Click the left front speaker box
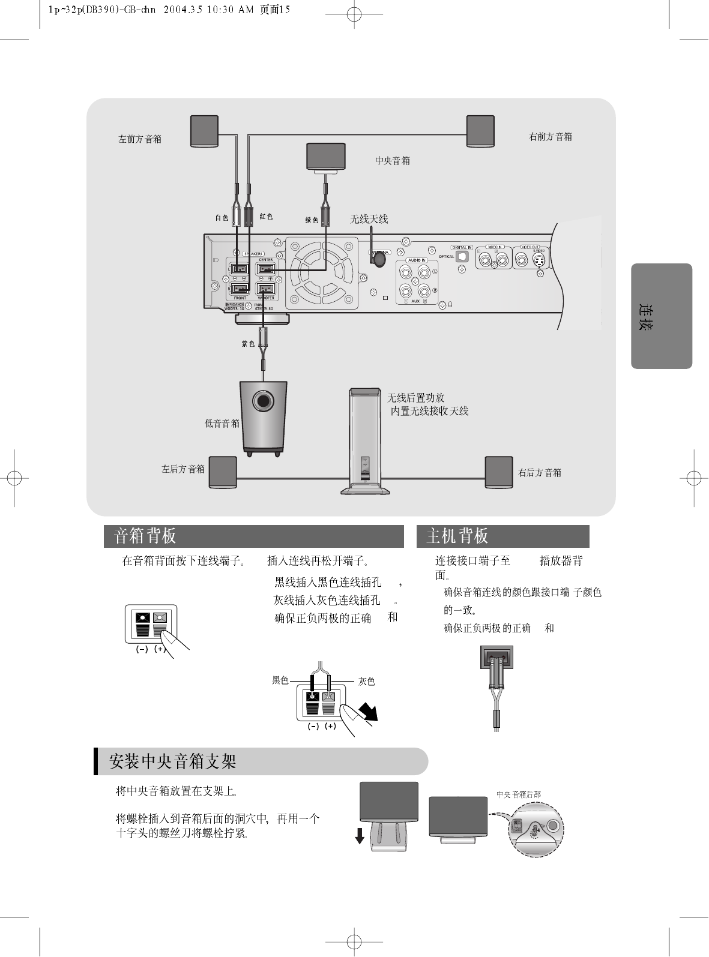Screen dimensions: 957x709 click(204, 130)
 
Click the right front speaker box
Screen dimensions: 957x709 click(480, 130)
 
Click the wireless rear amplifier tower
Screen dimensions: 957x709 click(365, 441)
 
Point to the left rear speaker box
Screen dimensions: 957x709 click(222, 472)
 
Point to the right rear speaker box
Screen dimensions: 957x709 click(499, 472)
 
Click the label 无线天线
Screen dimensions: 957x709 click(369, 220)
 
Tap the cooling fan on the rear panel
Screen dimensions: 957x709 click(321, 274)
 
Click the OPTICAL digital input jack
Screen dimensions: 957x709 click(462, 256)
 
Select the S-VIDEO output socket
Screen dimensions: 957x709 click(540, 260)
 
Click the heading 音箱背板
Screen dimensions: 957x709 click(145, 536)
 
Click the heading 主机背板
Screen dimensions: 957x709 click(457, 536)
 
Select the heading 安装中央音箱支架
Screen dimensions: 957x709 click(173, 762)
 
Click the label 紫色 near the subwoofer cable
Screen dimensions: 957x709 click(248, 344)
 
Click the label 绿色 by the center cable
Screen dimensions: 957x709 click(312, 220)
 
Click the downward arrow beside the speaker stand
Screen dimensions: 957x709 click(359, 835)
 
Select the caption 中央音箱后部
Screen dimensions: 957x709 click(519, 794)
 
